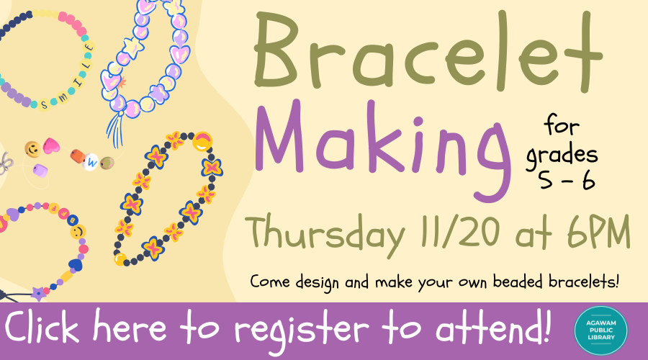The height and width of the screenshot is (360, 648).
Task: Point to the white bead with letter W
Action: (91, 163)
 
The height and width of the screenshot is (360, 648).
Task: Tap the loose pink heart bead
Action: (51, 146)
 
